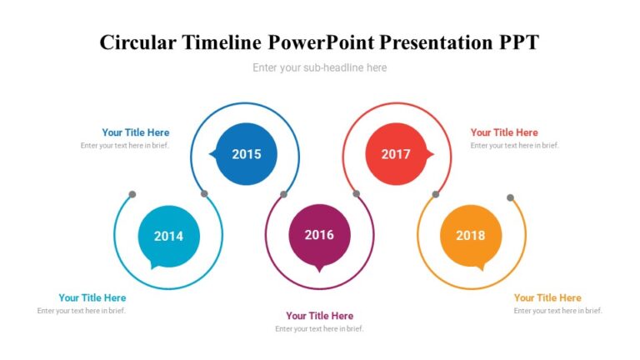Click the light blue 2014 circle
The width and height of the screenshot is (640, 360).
click(x=168, y=236)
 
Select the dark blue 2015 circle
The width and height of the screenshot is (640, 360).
click(x=246, y=153)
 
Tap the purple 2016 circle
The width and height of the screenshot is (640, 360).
click(x=319, y=235)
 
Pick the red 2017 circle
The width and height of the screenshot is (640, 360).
click(x=396, y=153)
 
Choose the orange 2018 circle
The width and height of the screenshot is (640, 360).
click(x=470, y=236)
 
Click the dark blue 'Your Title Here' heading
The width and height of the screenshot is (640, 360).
click(x=135, y=132)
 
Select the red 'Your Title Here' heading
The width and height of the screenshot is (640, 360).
click(x=504, y=132)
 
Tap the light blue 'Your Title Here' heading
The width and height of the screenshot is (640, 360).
click(x=92, y=297)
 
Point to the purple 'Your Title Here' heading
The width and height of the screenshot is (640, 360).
click(x=319, y=316)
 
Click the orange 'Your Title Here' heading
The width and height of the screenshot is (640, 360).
click(x=547, y=297)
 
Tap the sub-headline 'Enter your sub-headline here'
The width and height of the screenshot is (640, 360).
click(x=319, y=67)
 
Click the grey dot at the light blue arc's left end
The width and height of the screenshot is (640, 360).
click(x=132, y=195)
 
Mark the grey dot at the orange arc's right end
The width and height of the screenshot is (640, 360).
click(x=510, y=197)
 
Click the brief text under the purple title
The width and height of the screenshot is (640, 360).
click(x=319, y=329)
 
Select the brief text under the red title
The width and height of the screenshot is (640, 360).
click(x=514, y=146)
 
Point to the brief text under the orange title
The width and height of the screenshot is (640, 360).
click(x=557, y=311)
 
